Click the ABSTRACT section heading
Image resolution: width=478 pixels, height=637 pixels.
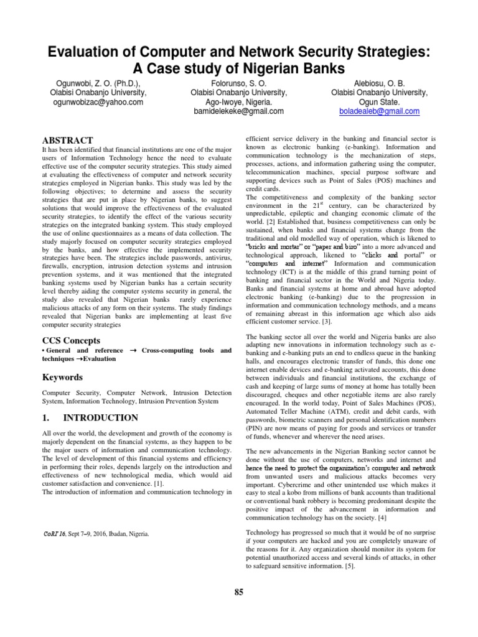67,141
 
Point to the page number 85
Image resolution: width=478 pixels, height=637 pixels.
239,592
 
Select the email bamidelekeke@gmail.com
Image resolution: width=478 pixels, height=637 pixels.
239,111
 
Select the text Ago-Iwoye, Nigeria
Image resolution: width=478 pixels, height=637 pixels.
239,102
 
